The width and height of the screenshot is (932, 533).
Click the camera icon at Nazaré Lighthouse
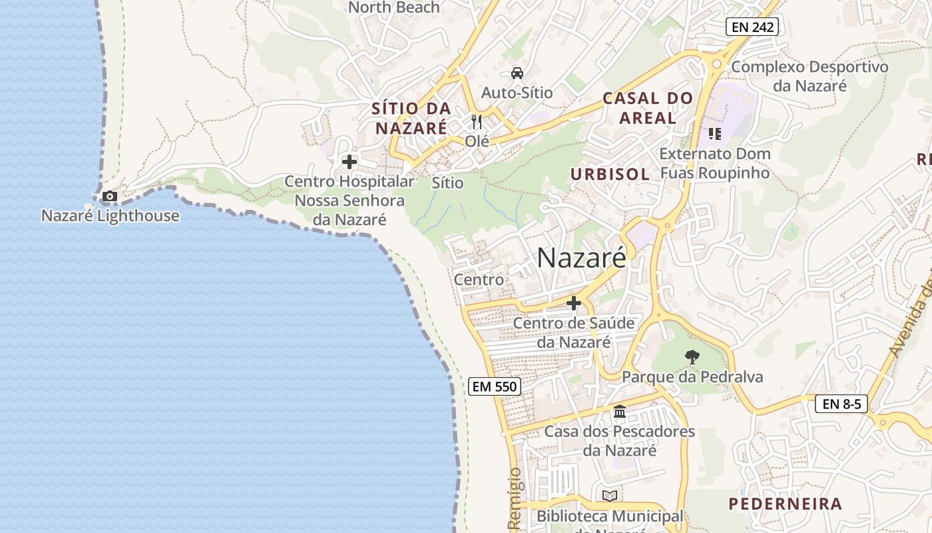pos(110,196)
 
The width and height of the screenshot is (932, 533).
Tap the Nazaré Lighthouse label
pos(110,216)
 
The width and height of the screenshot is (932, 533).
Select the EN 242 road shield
pos(752,27)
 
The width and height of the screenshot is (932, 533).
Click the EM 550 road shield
pos(494,386)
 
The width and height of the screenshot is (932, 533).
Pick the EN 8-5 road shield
pos(841,404)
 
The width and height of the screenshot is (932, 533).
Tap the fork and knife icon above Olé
pos(476,121)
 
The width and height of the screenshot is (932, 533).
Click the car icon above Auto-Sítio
pos(517,73)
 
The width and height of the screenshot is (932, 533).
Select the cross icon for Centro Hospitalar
pos(349,162)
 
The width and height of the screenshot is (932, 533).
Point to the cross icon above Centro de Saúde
pos(573,303)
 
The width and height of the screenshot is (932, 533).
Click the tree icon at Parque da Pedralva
pos(692,357)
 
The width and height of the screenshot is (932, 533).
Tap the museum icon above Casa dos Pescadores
pos(620,412)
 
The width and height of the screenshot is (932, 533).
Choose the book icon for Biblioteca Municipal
pos(609,496)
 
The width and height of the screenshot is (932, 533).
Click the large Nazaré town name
pos(581,258)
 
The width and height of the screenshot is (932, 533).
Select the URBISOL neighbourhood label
pos(609,175)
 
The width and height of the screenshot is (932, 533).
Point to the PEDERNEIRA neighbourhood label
pos(785,504)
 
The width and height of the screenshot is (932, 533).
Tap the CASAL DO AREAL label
pos(648,108)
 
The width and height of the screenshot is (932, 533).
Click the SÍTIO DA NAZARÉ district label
pos(411,118)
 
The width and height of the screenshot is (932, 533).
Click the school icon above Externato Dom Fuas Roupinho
pos(714,134)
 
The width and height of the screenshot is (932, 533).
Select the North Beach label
pos(394,7)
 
